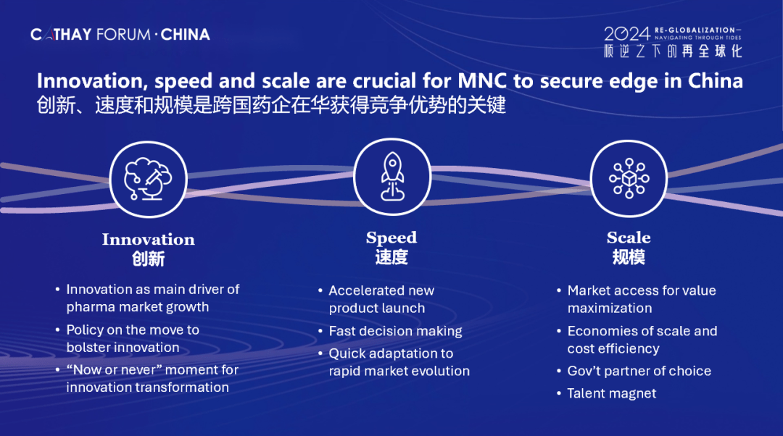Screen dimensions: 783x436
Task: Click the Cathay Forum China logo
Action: pyautogui.click(x=120, y=35)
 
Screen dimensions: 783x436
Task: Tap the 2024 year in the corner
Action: pyautogui.click(x=627, y=34)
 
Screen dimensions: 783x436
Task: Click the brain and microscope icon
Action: pyautogui.click(x=149, y=179)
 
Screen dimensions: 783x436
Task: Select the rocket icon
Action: pyautogui.click(x=392, y=177)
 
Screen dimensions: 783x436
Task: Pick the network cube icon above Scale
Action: pyautogui.click(x=629, y=178)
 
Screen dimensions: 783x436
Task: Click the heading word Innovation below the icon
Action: pyautogui.click(x=149, y=240)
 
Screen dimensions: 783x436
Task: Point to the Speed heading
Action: pyautogui.click(x=391, y=238)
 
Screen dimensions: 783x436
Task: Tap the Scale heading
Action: pyautogui.click(x=629, y=238)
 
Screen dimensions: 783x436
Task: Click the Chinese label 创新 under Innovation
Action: pyautogui.click(x=149, y=259)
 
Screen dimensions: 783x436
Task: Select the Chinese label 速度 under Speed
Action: pyautogui.click(x=391, y=257)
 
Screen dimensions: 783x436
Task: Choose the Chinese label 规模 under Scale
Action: pyautogui.click(x=629, y=257)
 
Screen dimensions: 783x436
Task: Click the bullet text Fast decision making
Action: pyautogui.click(x=396, y=331)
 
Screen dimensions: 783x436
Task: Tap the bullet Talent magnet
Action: pyautogui.click(x=612, y=393)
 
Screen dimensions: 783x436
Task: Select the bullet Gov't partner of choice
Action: pyautogui.click(x=639, y=371)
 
